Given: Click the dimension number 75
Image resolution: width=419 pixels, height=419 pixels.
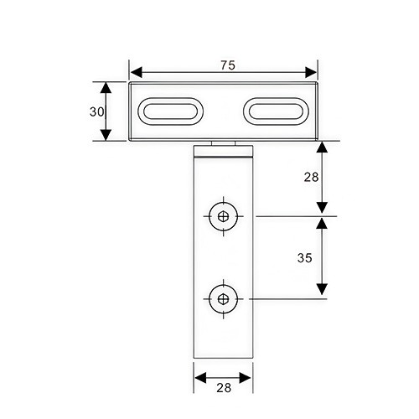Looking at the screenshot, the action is pos(228,65).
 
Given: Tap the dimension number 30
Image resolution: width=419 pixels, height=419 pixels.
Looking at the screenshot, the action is pos(96,111).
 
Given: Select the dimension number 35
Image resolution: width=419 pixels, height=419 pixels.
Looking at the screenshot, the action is pos(304,258).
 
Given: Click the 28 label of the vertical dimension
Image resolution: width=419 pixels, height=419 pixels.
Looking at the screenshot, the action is pos(311,177).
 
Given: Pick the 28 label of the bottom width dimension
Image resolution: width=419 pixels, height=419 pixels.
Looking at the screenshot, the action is pos(224,388).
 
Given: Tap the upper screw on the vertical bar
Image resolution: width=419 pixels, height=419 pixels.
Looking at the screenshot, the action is pos(224,216).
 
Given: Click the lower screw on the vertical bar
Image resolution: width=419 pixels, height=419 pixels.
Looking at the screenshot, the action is pos(224,299).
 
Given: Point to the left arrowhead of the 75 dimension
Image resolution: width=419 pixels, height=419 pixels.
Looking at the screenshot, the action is pos(137,72).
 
